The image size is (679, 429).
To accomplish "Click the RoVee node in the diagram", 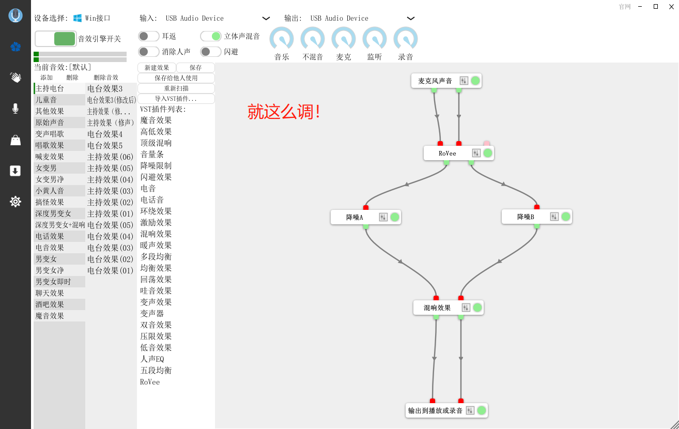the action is [x=459, y=153].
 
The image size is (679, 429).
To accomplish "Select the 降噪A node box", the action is [x=365, y=217].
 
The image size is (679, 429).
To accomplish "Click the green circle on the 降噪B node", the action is [x=566, y=217].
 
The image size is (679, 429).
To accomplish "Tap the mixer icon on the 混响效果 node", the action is [x=466, y=308].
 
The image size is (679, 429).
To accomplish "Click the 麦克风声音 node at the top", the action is [x=446, y=81].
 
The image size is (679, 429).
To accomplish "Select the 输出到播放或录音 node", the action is [x=446, y=410].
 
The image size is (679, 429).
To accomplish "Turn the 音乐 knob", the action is [x=282, y=38].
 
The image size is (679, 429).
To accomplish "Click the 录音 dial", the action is [x=406, y=38].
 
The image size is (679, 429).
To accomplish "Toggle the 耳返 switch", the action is [x=148, y=36].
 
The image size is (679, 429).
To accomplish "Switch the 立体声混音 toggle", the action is [x=211, y=36].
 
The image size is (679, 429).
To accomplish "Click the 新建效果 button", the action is [x=157, y=68].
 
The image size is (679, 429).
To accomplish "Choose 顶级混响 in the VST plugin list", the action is [x=156, y=143].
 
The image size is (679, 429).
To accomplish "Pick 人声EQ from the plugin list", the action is [x=152, y=359].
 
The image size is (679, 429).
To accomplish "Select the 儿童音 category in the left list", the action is [x=46, y=100].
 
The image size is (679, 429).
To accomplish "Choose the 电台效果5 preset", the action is [x=105, y=146].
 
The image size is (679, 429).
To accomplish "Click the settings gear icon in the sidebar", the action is [x=15, y=202].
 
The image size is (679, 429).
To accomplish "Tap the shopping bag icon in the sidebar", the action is [x=16, y=140].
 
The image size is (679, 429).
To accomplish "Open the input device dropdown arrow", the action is [x=266, y=19].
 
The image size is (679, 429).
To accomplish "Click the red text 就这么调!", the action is [x=284, y=112].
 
